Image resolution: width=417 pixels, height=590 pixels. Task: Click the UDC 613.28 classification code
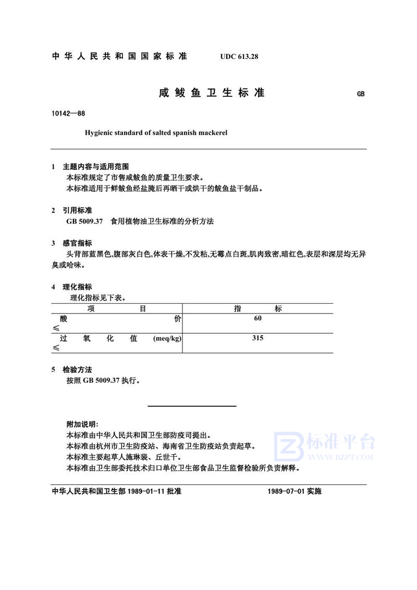click(236, 56)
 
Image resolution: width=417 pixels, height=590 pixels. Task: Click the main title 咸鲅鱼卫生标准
click(212, 93)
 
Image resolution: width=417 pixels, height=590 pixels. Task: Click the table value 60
click(257, 318)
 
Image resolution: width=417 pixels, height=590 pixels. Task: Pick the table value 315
click(257, 338)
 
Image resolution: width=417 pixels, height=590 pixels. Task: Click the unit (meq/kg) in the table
click(167, 338)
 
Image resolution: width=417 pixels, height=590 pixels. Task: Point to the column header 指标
click(257, 308)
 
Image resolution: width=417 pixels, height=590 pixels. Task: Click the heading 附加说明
click(79, 424)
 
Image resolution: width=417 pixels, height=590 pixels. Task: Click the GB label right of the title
click(361, 95)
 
